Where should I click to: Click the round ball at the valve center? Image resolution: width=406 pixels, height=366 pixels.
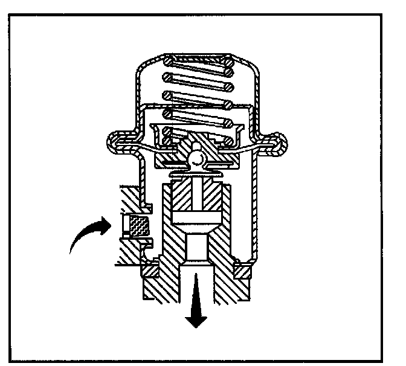point(196,157)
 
